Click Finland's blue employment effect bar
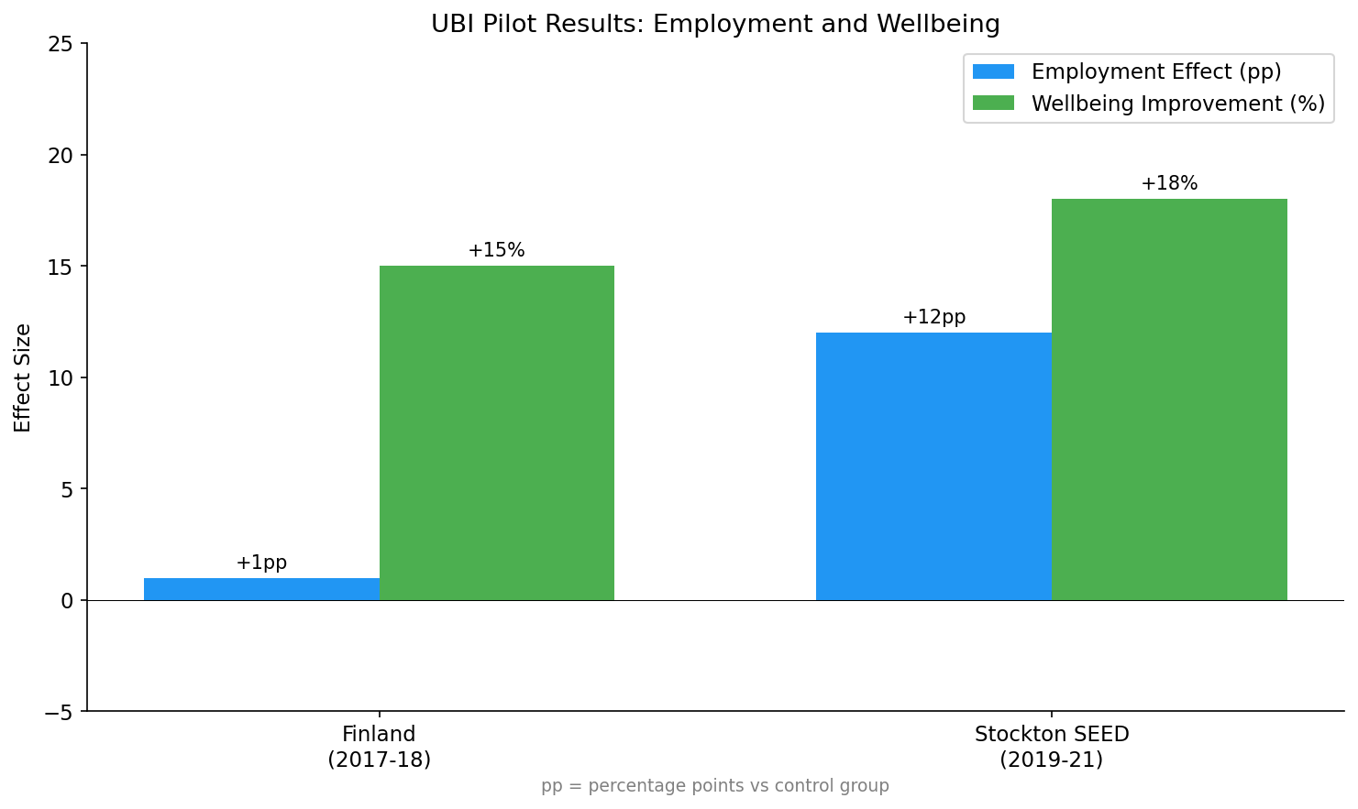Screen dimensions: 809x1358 click(x=261, y=589)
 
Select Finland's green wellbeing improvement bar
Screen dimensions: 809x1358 click(x=496, y=432)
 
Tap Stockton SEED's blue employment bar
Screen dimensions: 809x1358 click(x=933, y=466)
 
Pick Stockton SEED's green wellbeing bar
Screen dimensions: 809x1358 click(x=1169, y=399)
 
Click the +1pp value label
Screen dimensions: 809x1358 click(x=261, y=563)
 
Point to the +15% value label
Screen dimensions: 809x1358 click(x=496, y=250)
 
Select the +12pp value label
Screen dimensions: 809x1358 click(x=933, y=317)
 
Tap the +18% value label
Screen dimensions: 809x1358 click(x=1169, y=183)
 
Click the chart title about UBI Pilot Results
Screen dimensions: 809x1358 click(x=715, y=24)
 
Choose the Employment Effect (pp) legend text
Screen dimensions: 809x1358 click(x=1156, y=71)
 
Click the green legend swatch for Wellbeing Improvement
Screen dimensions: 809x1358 click(x=993, y=104)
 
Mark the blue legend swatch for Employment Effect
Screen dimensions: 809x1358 click(x=993, y=71)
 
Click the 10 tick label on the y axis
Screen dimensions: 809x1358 click(x=61, y=377)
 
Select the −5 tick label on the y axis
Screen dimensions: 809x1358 click(x=59, y=712)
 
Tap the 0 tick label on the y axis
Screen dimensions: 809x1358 click(x=67, y=600)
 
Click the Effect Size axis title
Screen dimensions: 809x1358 click(x=23, y=377)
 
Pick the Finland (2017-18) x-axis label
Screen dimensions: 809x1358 click(x=379, y=747)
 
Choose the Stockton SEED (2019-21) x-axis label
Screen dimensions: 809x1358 click(x=1051, y=747)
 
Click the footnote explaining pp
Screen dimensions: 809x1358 click(x=715, y=786)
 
